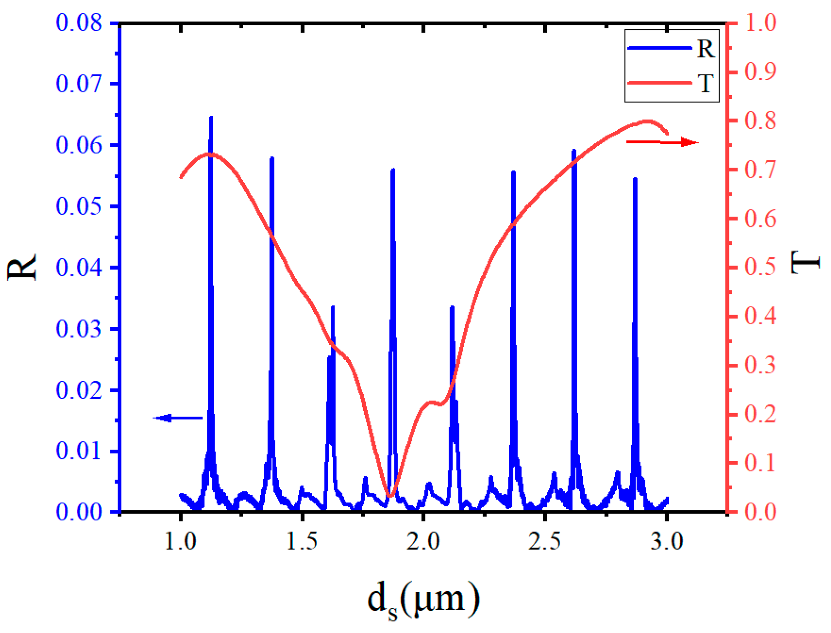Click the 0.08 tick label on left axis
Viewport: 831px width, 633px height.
[79, 23]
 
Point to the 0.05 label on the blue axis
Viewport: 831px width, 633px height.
[79, 206]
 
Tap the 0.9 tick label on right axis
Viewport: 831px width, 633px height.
[760, 72]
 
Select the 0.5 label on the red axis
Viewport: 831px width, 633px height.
[760, 267]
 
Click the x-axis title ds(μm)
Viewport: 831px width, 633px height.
[423, 599]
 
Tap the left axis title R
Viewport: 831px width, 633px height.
[22, 267]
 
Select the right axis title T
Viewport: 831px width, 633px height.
[805, 262]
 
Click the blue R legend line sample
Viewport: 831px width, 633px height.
[660, 48]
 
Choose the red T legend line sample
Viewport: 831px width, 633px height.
[660, 83]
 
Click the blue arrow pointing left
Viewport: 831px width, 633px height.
[177, 418]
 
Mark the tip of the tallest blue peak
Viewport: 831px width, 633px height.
[211, 117]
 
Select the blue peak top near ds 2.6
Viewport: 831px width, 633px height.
[574, 151]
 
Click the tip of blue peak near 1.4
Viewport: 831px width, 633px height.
[272, 158]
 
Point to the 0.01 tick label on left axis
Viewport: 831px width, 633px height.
[79, 451]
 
